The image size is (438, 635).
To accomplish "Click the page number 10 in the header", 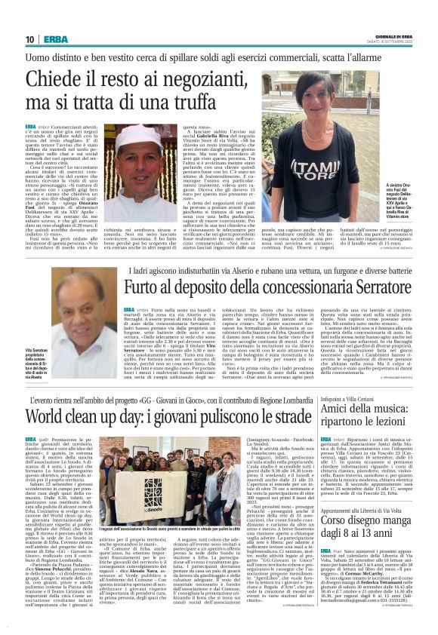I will [29, 39].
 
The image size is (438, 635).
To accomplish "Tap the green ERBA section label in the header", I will [54, 39].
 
